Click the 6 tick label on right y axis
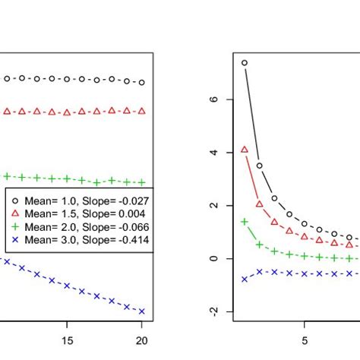pos(214,99)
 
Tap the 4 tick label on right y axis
pos(214,153)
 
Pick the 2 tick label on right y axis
pos(214,206)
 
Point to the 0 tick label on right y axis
pos(214,259)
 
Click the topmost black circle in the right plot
pos(244,63)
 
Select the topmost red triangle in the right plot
pos(244,150)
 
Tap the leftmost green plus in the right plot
pos(244,221)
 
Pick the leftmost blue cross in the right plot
pos(244,279)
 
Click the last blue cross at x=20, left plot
pos(141,311)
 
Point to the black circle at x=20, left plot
pos(141,82)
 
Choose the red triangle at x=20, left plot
pos(141,111)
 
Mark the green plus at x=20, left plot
pos(141,182)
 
